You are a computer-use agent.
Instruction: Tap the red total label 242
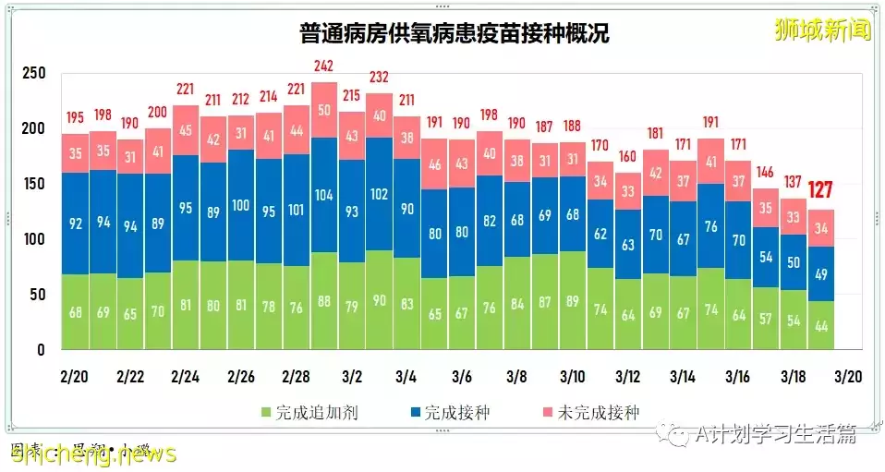pyautogui.click(x=323, y=67)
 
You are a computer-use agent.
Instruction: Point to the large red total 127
pyautogui.click(x=821, y=191)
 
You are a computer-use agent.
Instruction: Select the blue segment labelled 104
pyautogui.click(x=323, y=196)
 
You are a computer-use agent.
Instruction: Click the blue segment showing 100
pyautogui.click(x=240, y=205)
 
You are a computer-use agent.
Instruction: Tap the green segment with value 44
pyautogui.click(x=821, y=324)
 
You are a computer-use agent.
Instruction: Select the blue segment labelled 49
pyautogui.click(x=821, y=272)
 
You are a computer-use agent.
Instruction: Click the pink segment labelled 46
pyautogui.click(x=434, y=165)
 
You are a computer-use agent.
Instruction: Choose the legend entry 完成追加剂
pyautogui.click(x=309, y=413)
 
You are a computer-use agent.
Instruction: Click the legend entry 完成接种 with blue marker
pyautogui.click(x=447, y=413)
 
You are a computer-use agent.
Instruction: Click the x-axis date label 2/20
pyautogui.click(x=76, y=379)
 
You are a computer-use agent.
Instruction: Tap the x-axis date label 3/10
pyautogui.click(x=572, y=379)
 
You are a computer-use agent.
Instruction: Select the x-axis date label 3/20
pyautogui.click(x=848, y=379)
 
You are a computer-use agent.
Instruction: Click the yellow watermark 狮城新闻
pyautogui.click(x=823, y=30)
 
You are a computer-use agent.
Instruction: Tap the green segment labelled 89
pyautogui.click(x=572, y=311)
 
